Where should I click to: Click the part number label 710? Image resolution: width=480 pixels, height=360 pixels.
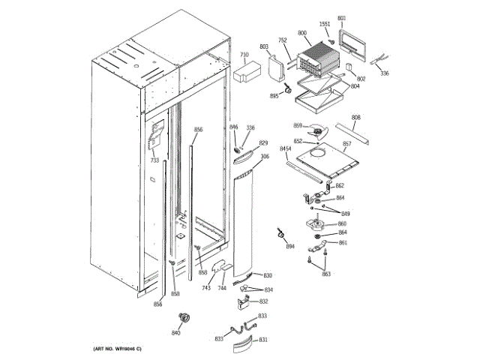(x=244, y=55)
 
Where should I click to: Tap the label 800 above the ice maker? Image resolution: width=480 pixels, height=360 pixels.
(x=302, y=33)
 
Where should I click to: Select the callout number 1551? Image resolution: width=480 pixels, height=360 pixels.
(x=324, y=24)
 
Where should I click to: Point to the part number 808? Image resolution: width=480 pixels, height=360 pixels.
(x=355, y=118)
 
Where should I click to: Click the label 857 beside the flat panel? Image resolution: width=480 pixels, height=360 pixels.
(x=347, y=143)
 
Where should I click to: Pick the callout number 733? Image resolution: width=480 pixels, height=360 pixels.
(x=154, y=160)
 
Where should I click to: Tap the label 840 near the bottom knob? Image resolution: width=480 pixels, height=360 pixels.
(x=176, y=332)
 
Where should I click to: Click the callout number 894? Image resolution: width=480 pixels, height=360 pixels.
(x=290, y=247)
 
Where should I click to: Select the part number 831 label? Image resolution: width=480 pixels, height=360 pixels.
(x=263, y=340)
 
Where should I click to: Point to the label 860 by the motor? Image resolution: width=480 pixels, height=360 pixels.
(x=342, y=223)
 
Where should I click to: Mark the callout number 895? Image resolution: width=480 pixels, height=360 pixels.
(x=274, y=96)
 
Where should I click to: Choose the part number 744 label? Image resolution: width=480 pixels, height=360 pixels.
(x=222, y=288)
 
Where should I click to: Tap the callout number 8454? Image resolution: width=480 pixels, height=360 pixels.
(x=286, y=149)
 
